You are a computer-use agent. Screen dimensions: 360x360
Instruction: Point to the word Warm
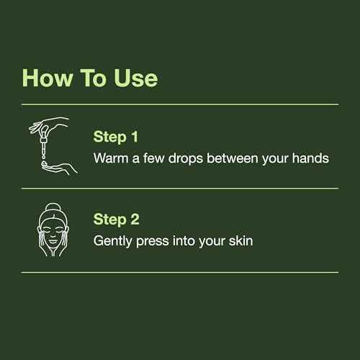tap(112, 157)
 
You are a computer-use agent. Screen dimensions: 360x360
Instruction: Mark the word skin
tap(238, 241)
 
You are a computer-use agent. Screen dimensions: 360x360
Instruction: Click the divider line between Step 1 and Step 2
tap(180, 189)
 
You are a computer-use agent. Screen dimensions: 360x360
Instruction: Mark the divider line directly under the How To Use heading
tap(180, 104)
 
